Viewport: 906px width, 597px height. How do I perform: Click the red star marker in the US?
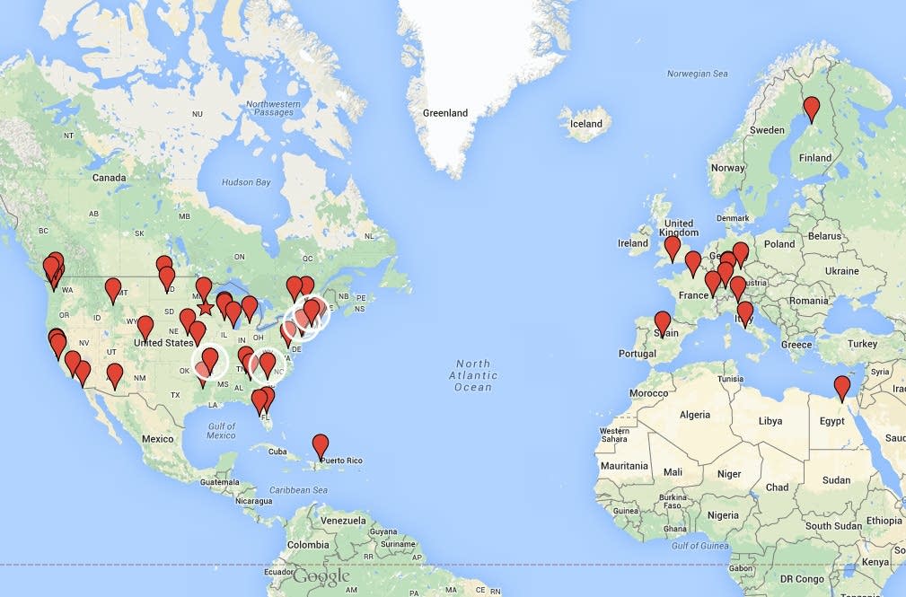pos(205,308)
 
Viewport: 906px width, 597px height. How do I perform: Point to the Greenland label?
pos(445,113)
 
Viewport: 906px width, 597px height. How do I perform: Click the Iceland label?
pos(586,124)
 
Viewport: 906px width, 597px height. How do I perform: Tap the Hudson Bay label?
pos(246,182)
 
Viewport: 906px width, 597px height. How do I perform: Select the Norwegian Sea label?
pos(697,74)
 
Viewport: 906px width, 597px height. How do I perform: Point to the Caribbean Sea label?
pos(302,490)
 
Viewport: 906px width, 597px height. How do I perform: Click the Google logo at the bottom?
pos(321,576)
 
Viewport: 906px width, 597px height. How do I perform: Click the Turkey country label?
pos(861,344)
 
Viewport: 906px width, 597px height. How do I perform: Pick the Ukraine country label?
pos(841,271)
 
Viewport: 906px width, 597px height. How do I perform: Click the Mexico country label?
pos(157,439)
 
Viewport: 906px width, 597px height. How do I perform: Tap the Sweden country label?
pos(767,130)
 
